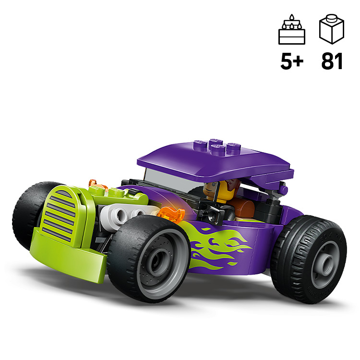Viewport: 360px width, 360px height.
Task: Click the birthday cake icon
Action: pyautogui.click(x=291, y=29)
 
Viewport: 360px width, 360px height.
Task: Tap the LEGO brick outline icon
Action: pyautogui.click(x=332, y=29)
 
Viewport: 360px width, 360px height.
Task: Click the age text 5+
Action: pyautogui.click(x=292, y=61)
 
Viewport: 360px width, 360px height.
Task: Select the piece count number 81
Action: pyautogui.click(x=332, y=61)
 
